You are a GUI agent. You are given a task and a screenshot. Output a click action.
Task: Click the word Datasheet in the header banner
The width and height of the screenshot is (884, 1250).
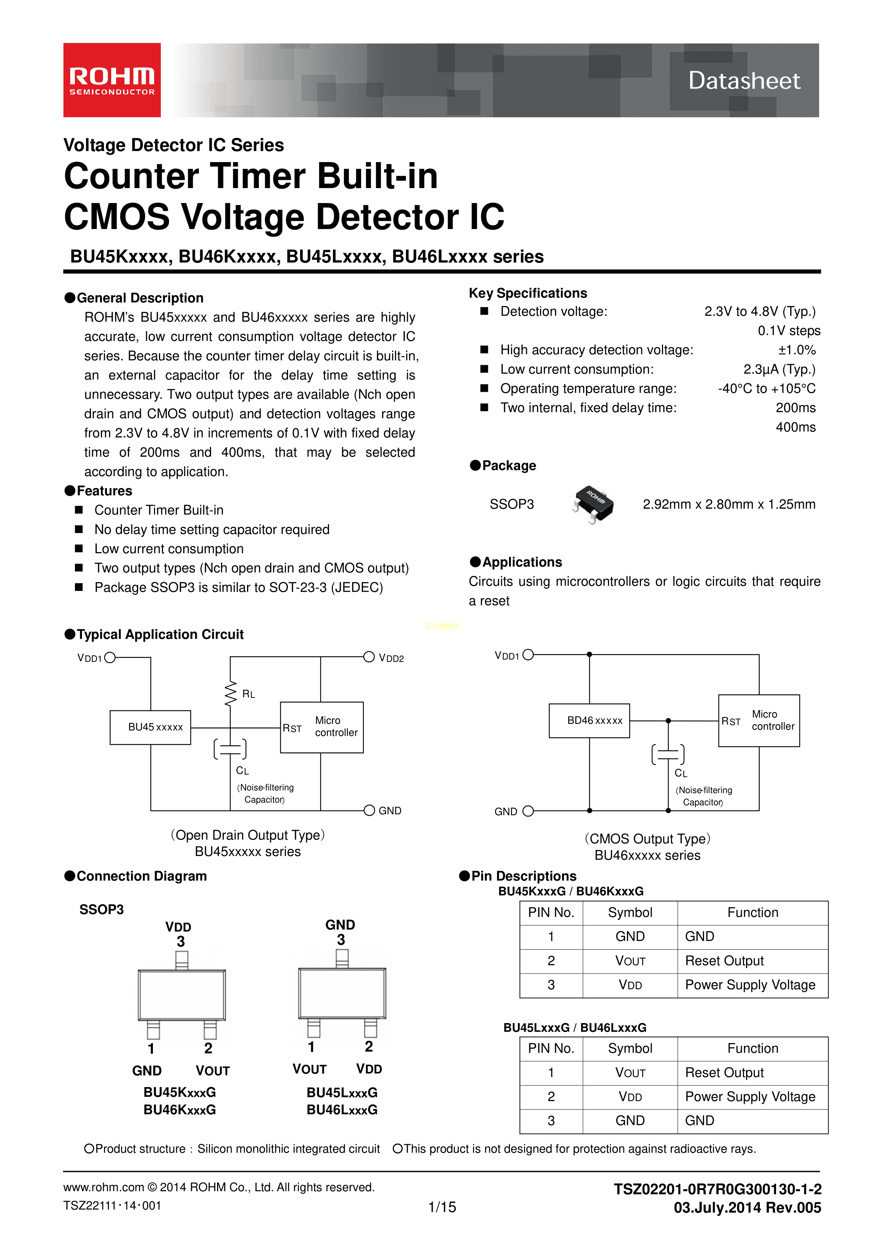pos(744,81)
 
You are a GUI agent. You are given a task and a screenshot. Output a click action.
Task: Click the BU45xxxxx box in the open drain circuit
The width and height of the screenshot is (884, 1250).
pos(150,727)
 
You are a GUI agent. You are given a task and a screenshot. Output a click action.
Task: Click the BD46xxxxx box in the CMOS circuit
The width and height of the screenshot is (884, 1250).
pos(589,721)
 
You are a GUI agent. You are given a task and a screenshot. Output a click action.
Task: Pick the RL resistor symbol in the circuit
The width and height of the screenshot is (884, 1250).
pos(231,694)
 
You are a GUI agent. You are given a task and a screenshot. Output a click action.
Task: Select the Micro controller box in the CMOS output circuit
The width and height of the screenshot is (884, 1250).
pos(759,720)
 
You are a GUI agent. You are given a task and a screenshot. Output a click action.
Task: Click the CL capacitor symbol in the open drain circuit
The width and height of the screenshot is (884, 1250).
pos(230,749)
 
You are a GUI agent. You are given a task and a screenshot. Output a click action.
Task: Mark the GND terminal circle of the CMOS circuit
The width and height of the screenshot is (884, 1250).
pos(528,811)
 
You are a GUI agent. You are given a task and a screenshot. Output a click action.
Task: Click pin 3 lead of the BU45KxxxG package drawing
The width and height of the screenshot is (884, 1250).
pos(182,960)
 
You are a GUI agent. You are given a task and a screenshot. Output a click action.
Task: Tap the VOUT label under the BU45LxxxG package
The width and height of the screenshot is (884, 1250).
pos(309,1069)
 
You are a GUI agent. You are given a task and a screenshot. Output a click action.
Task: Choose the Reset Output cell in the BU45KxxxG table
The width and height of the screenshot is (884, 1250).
pos(724,961)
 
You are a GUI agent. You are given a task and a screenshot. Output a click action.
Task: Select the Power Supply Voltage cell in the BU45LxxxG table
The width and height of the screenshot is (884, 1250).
pos(750,1096)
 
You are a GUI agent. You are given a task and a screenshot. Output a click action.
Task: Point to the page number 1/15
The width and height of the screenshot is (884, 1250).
pos(442,1207)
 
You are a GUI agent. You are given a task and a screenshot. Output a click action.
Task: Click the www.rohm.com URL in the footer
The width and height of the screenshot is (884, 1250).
pos(103,1187)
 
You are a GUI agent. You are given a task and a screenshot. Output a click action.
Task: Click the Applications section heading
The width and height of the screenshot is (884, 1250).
pos(522,562)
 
